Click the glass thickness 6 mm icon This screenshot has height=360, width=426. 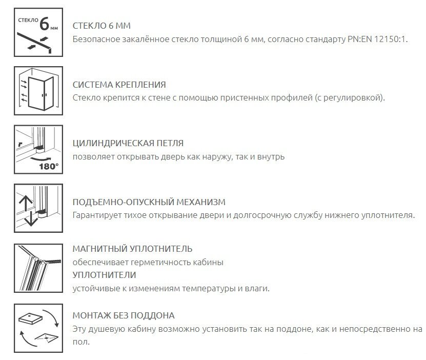(34, 33)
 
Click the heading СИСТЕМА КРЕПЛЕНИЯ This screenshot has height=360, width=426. (119, 85)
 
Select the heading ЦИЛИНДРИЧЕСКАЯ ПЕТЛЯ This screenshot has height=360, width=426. (128, 144)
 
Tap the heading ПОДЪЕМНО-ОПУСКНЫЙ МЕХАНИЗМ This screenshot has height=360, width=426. (149, 203)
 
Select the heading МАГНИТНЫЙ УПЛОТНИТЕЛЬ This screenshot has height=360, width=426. (133, 249)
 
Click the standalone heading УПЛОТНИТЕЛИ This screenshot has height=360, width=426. (103, 275)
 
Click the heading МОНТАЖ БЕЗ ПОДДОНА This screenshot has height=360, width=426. (124, 315)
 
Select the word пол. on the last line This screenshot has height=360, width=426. (81, 341)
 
